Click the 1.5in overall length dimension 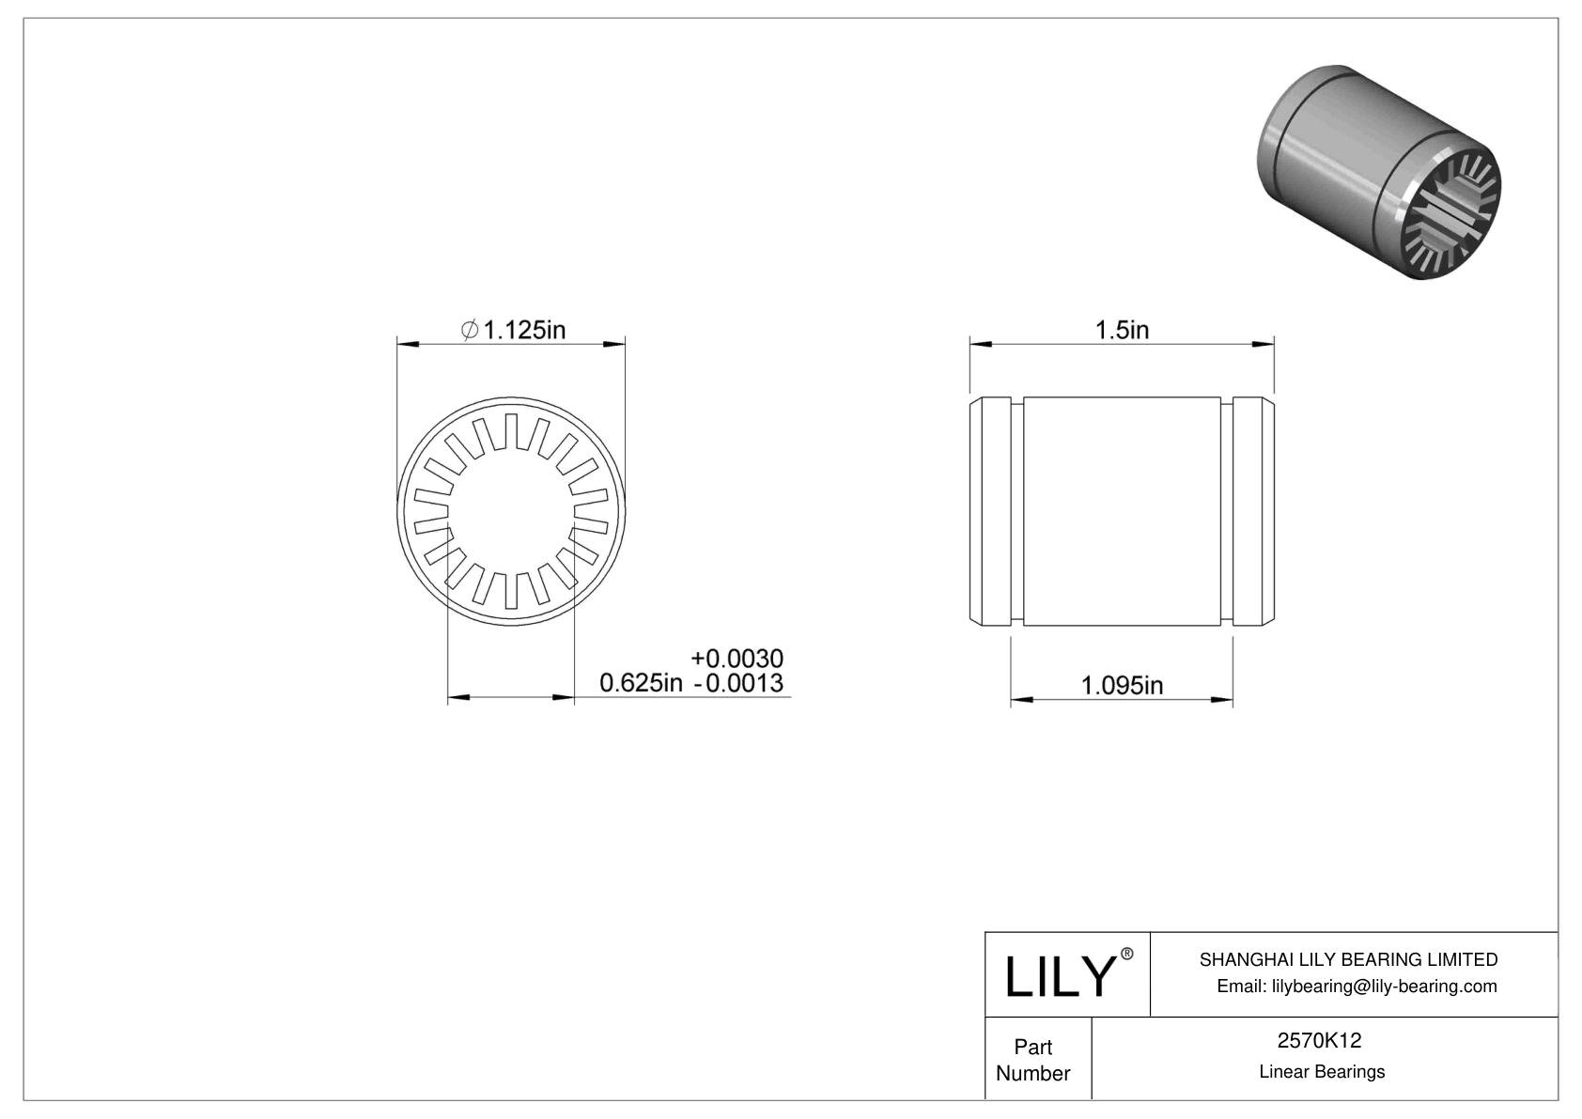tap(1122, 330)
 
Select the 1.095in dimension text tap(1122, 686)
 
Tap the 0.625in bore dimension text tap(641, 683)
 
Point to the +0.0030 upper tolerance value tap(737, 658)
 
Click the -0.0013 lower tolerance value tap(738, 683)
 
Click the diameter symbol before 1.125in tap(470, 330)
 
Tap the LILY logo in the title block tap(1059, 977)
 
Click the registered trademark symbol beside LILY tap(1127, 955)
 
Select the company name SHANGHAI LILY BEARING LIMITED tap(1348, 959)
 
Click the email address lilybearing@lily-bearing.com tap(1357, 986)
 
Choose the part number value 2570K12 tap(1320, 1040)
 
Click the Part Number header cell tap(1033, 1060)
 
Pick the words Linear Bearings tap(1322, 1072)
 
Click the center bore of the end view tap(511, 511)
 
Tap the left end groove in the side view tap(1017, 512)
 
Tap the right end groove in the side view tap(1227, 512)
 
